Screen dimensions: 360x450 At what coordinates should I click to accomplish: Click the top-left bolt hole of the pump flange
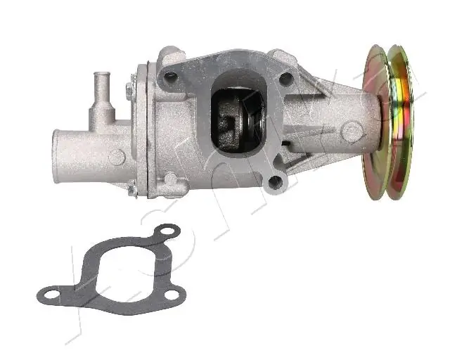point(170,75)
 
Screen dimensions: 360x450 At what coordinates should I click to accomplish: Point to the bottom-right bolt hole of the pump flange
point(276,183)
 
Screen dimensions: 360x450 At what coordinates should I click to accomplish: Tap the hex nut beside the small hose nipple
point(130,90)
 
